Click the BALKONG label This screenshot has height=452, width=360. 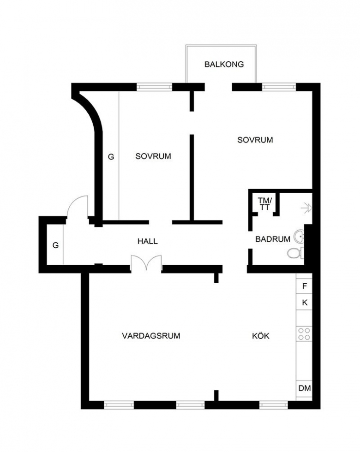pyautogui.click(x=224, y=64)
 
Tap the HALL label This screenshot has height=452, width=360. pyautogui.click(x=148, y=241)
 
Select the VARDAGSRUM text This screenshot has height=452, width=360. pyautogui.click(x=151, y=336)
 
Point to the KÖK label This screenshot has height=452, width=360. pyautogui.click(x=261, y=335)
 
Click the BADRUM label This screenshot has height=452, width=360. pyautogui.click(x=273, y=239)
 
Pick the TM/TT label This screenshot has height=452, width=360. pyautogui.click(x=265, y=203)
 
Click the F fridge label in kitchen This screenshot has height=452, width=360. pyautogui.click(x=305, y=286)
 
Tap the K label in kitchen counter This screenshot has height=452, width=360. pyautogui.click(x=305, y=303)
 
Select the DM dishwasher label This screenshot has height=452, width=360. pyautogui.click(x=305, y=388)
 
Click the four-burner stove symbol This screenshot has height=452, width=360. pyautogui.click(x=304, y=334)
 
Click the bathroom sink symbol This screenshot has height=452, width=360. pyautogui.click(x=299, y=237)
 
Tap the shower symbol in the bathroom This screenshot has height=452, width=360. pyautogui.click(x=306, y=208)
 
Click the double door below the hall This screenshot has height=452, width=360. pyautogui.click(x=146, y=263)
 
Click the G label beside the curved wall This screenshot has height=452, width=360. pyautogui.click(x=111, y=157)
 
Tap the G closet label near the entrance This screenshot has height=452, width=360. pyautogui.click(x=56, y=245)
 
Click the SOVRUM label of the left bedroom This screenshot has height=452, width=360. pyautogui.click(x=153, y=156)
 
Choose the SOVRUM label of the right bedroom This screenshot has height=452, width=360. pyautogui.click(x=255, y=140)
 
